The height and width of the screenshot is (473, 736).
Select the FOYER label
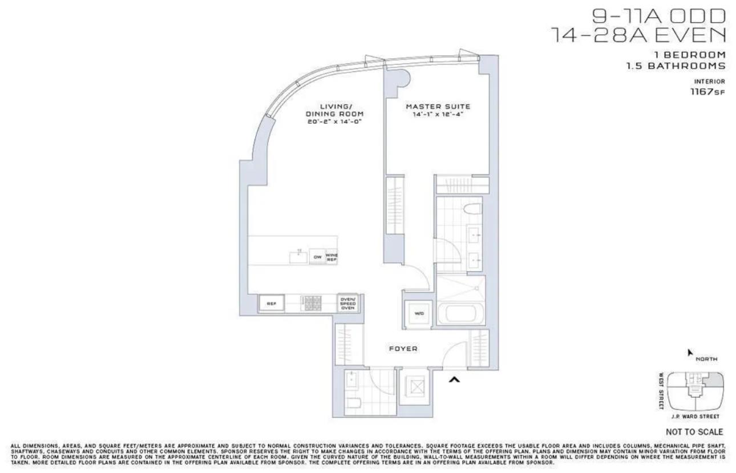coord(403,349)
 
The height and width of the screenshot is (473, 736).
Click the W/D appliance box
coord(419,313)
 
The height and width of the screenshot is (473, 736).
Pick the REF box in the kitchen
coord(271,304)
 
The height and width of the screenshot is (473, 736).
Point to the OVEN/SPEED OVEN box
coord(348,304)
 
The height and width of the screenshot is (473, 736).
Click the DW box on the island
coord(317,257)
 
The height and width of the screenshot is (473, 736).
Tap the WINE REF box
coord(331,257)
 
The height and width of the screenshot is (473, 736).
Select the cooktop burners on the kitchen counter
coord(312,304)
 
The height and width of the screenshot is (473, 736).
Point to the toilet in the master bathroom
coord(471,209)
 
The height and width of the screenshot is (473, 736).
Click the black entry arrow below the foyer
coord(454,378)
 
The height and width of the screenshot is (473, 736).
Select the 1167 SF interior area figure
coord(707,91)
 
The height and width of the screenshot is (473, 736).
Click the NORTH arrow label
coord(706,359)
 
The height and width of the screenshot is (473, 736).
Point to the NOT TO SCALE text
coord(694,432)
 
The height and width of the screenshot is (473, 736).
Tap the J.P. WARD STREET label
coord(694,417)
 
